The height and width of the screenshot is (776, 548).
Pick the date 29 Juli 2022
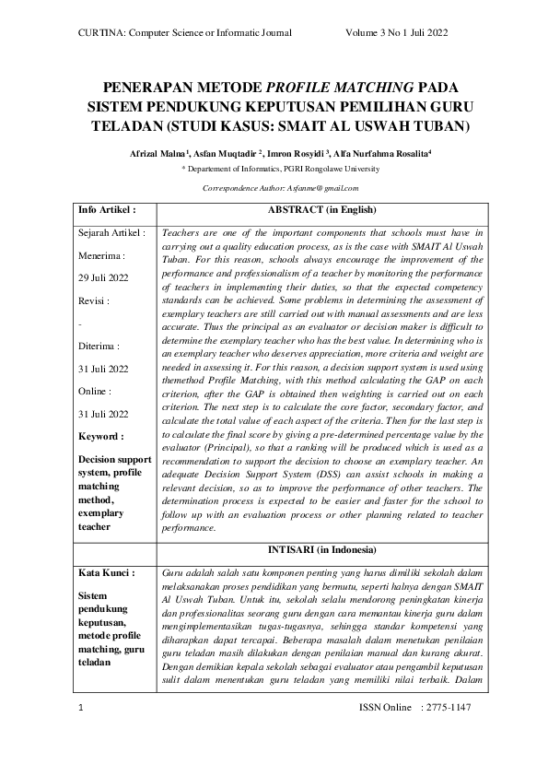pyautogui.click(x=104, y=277)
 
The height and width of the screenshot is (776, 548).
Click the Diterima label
pyautogui.click(x=99, y=347)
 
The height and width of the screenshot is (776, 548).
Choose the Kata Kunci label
pyautogui.click(x=107, y=573)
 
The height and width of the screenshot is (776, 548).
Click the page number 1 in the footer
pyautogui.click(x=81, y=733)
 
